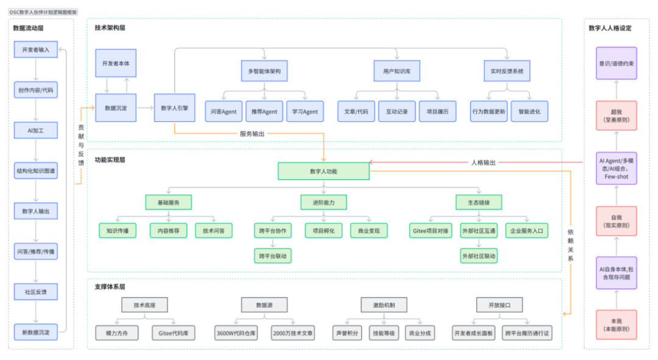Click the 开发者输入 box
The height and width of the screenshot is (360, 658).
(36, 49)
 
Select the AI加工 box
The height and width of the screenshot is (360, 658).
(36, 130)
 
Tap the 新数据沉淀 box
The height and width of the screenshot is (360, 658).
(36, 332)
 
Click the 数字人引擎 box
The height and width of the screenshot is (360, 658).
(175, 108)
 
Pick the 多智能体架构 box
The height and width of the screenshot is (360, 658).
(264, 71)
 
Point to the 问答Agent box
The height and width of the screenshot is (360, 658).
(224, 111)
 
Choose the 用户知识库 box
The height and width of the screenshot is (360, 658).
(397, 71)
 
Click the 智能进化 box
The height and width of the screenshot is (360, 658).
(529, 111)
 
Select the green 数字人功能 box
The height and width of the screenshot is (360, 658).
(324, 171)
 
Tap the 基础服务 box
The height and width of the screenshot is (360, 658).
(168, 202)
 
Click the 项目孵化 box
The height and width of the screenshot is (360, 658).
(324, 230)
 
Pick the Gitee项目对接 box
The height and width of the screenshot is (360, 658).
(431, 230)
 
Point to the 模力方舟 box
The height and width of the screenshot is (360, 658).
(116, 333)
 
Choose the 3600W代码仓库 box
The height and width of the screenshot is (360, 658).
(236, 333)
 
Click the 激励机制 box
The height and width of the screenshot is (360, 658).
(384, 305)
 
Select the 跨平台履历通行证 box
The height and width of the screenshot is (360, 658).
(527, 333)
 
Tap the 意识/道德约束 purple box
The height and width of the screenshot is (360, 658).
(617, 63)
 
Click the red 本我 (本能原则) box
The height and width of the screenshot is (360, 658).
(617, 325)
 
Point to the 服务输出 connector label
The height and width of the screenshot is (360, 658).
(252, 134)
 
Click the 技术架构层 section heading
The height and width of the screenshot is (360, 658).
(110, 27)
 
